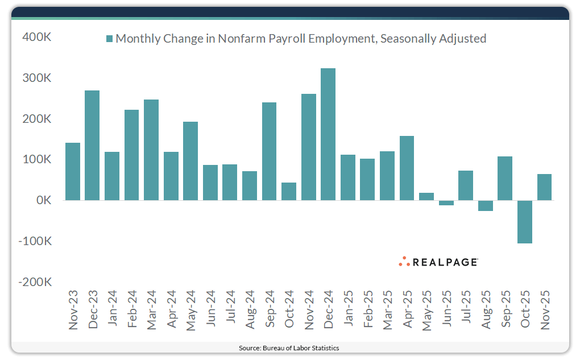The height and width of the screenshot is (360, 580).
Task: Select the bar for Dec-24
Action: click(x=328, y=134)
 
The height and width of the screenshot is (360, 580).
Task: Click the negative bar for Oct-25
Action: click(x=525, y=222)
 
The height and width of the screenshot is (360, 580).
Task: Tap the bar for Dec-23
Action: click(x=92, y=145)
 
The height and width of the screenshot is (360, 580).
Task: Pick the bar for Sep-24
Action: click(x=269, y=151)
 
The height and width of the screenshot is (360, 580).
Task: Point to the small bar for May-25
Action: click(x=426, y=197)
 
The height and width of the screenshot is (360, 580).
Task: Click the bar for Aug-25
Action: click(x=486, y=206)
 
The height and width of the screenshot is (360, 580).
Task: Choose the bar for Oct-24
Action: click(x=289, y=192)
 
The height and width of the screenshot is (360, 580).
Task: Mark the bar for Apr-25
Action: click(x=407, y=168)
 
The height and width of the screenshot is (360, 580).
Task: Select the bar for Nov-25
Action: click(x=544, y=187)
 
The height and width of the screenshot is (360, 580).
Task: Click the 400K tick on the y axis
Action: click(x=37, y=38)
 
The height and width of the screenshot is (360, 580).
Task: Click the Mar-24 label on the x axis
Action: click(x=151, y=310)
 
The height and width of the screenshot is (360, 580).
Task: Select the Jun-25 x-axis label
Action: click(x=446, y=311)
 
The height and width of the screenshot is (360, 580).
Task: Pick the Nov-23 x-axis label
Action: click(x=73, y=310)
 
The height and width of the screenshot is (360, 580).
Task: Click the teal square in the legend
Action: click(x=109, y=39)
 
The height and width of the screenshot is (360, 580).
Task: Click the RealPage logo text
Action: click(x=445, y=262)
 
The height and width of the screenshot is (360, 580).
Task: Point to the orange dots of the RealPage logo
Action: click(x=404, y=261)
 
